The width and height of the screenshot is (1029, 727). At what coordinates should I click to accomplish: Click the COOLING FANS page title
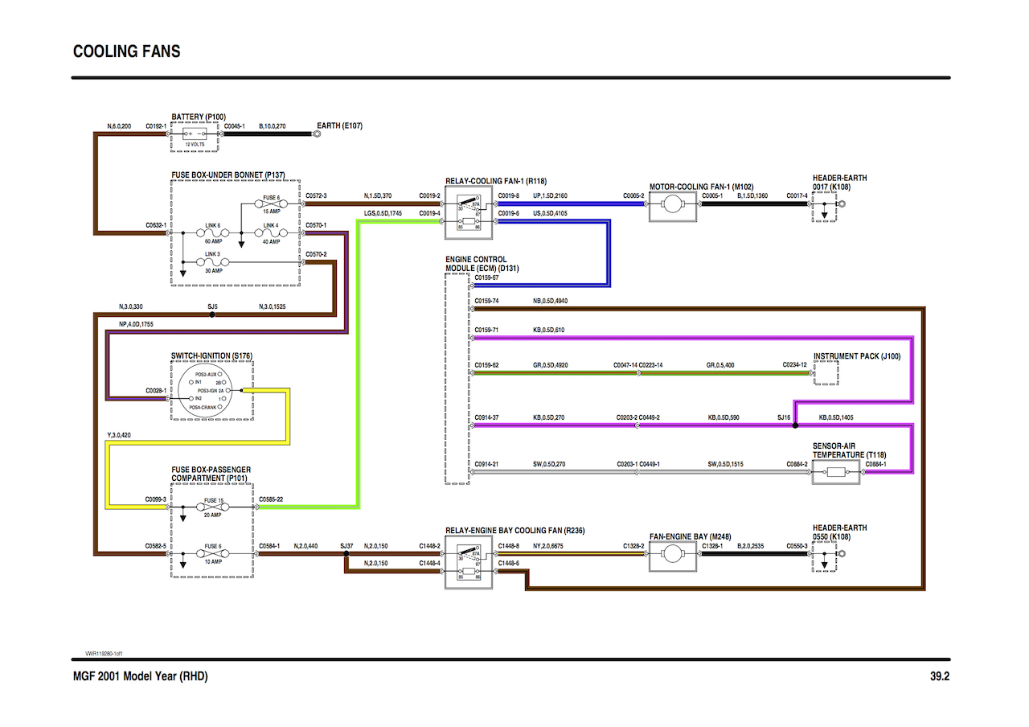(x=126, y=51)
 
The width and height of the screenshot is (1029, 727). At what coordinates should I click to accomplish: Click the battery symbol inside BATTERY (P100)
(x=195, y=134)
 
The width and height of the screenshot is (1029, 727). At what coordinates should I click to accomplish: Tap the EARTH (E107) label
(x=340, y=126)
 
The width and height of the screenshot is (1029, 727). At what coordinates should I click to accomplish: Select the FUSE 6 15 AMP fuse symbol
(x=272, y=203)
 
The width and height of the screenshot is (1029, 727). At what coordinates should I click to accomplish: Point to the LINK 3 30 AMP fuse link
(x=213, y=262)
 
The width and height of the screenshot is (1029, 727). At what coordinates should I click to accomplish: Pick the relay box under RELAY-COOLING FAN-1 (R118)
(x=469, y=212)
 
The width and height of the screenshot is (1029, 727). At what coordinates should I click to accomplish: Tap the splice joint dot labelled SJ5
(x=211, y=315)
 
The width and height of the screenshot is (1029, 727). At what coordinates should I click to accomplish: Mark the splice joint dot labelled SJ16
(x=795, y=426)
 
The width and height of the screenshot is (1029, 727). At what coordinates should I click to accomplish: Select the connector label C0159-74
(x=486, y=301)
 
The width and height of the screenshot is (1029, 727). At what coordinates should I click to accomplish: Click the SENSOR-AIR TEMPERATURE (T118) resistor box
(x=836, y=472)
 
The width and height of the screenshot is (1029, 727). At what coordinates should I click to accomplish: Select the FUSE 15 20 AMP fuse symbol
(x=213, y=507)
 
